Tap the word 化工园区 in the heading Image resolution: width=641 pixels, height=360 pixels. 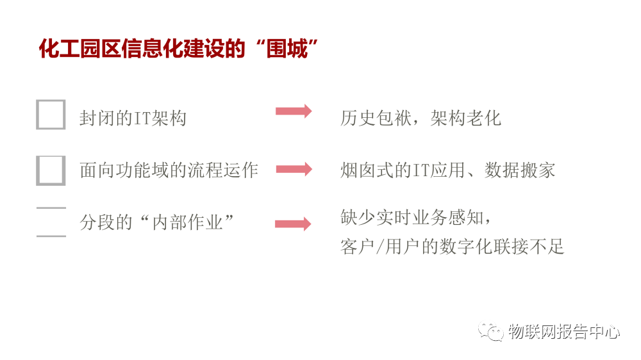tap(71, 49)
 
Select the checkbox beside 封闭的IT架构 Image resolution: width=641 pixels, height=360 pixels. tap(51, 115)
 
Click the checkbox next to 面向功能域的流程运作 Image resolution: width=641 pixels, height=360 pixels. tap(51, 170)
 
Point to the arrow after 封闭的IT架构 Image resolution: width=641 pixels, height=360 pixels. tap(294, 111)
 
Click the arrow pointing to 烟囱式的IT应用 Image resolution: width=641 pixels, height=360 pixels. tap(294, 169)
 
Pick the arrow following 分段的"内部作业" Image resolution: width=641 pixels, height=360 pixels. tap(293, 224)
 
